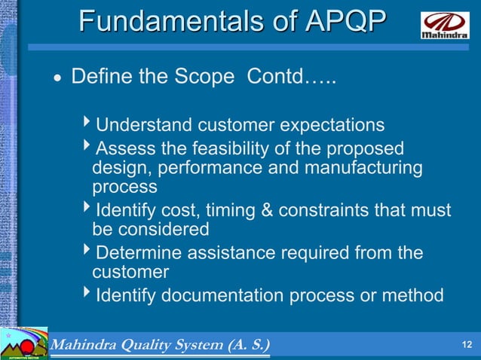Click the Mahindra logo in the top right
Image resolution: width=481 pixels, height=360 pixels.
point(444,24)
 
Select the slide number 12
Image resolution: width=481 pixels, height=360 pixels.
point(466,345)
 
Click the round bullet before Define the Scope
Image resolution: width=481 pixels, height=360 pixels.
point(56,79)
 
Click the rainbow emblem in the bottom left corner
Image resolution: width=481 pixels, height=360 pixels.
point(23,344)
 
